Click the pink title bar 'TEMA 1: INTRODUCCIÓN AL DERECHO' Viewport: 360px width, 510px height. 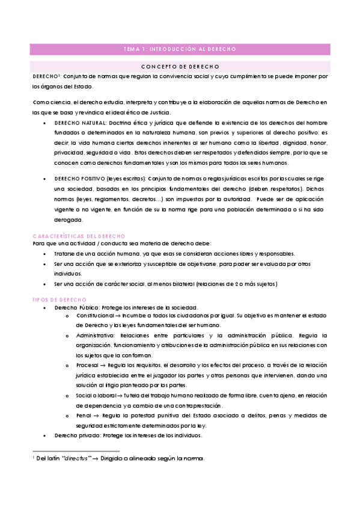point(180,49)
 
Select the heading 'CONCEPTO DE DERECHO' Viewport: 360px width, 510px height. point(180,66)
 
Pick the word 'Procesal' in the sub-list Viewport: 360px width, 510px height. point(87,365)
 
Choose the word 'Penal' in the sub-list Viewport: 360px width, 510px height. point(84,415)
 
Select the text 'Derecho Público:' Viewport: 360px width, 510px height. point(75,307)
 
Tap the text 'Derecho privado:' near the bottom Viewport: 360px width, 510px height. point(75,435)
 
